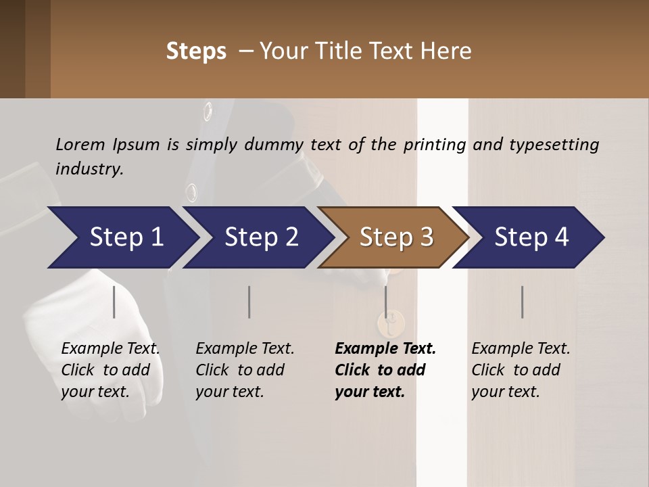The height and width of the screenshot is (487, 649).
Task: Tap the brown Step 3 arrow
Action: (x=394, y=237)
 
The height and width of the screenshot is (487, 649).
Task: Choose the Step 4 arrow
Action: (x=529, y=237)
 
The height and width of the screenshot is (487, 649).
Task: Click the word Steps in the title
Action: (x=196, y=51)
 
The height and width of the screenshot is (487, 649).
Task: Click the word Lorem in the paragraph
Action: (x=80, y=144)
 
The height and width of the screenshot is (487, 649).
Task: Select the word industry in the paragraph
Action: (x=89, y=168)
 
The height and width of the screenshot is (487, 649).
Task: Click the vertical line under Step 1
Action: (x=114, y=302)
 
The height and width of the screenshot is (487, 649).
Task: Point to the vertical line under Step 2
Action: (x=249, y=302)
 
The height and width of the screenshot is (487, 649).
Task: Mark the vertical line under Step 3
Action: (x=386, y=302)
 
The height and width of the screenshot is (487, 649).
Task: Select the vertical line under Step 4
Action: (x=522, y=302)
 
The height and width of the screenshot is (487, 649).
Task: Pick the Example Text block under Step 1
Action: (x=110, y=370)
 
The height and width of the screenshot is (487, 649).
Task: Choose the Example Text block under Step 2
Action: (x=245, y=370)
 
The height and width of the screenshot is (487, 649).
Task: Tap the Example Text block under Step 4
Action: (x=521, y=370)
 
